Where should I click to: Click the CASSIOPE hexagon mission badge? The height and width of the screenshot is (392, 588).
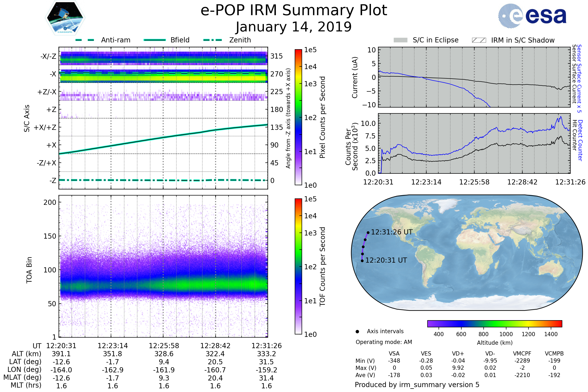tap(65, 17)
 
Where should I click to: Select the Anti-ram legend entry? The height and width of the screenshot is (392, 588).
tap(115, 40)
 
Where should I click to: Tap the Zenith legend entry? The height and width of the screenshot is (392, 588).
tap(240, 40)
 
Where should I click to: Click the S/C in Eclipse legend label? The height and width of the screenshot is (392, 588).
tap(435, 40)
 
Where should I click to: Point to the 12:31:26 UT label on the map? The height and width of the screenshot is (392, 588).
tap(392, 232)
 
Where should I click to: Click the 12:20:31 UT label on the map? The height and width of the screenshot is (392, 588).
tap(386, 260)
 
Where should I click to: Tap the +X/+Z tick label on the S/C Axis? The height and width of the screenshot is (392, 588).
tap(45, 127)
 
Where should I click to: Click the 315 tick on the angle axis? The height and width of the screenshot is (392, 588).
tap(276, 56)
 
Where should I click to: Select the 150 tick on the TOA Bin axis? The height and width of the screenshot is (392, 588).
tap(50, 236)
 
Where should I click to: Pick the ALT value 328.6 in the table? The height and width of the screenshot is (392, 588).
tap(164, 354)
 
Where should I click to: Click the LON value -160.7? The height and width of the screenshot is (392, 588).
tap(215, 370)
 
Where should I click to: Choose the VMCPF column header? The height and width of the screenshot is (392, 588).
tap(522, 354)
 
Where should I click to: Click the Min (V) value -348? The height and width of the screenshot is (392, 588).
tap(394, 361)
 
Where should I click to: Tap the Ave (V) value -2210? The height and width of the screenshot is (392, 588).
tap(522, 375)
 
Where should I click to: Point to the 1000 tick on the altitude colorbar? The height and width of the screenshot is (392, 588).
tap(506, 334)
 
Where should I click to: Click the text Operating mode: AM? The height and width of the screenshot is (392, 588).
tap(384, 342)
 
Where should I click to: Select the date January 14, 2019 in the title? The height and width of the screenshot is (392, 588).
tap(294, 27)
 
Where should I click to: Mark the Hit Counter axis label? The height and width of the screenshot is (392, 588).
tap(575, 135)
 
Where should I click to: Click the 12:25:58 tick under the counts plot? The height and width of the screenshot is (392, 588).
tap(474, 182)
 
